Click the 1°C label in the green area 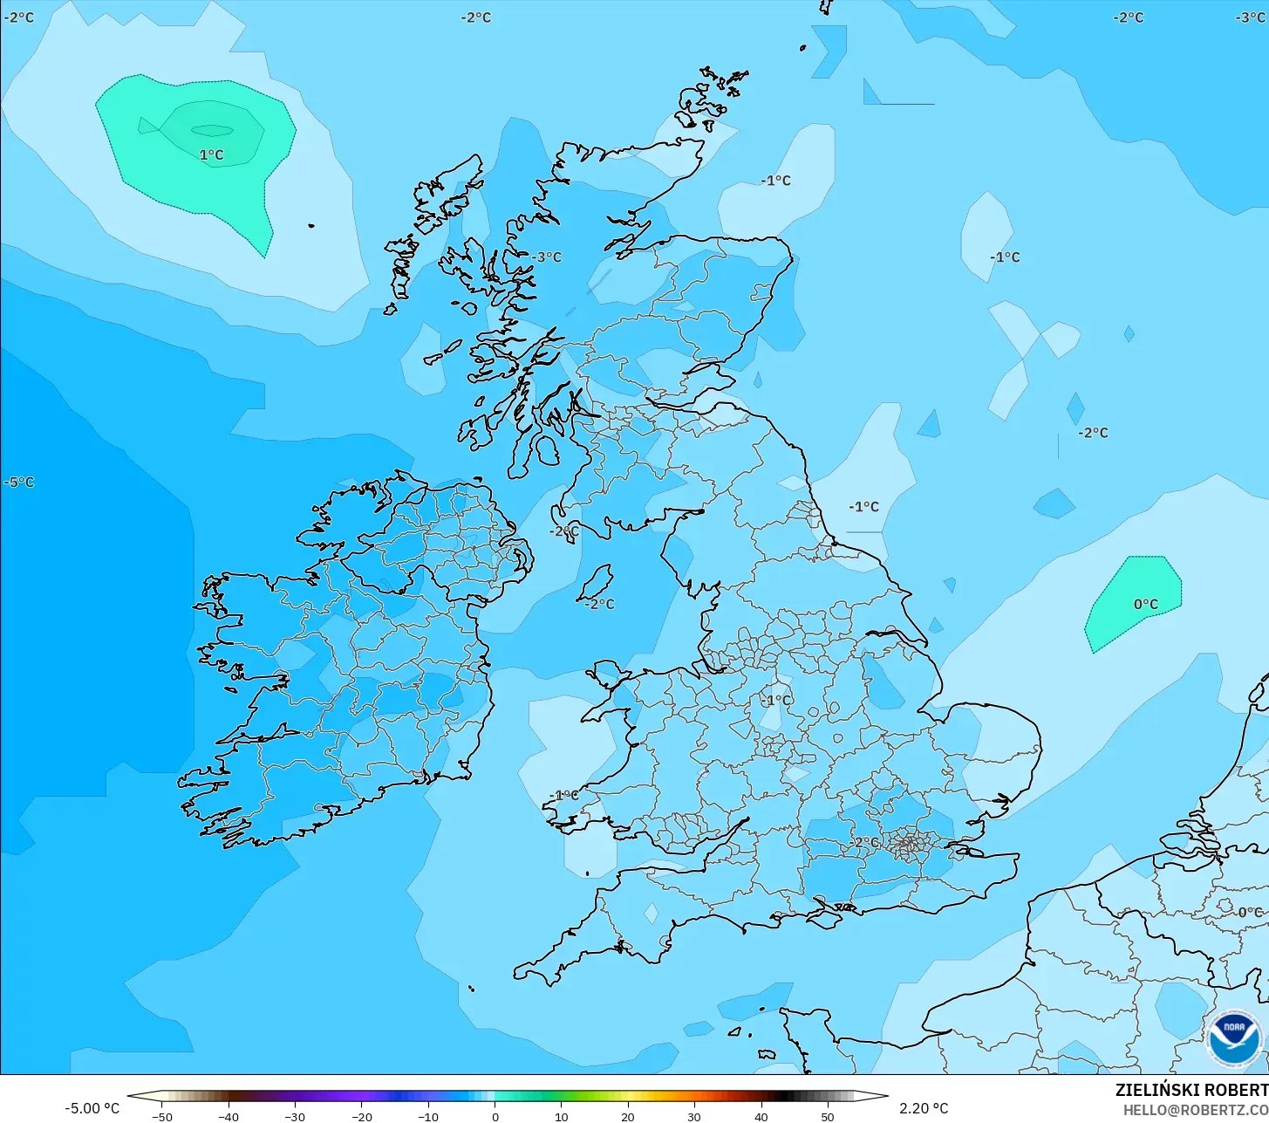click(211, 155)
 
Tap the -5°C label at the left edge click(19, 483)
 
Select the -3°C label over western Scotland click(548, 257)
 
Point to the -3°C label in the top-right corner click(1251, 17)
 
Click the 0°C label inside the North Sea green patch click(1145, 605)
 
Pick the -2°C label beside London click(866, 843)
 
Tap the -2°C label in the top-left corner click(19, 17)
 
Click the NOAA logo click(1234, 1039)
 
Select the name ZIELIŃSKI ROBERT click(1191, 1090)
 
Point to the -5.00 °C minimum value click(92, 1109)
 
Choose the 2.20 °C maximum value click(924, 1109)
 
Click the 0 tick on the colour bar click(495, 1117)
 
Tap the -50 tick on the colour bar click(161, 1117)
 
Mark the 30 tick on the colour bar click(694, 1117)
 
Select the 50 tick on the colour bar click(827, 1117)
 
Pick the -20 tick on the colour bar click(361, 1117)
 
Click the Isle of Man click(597, 582)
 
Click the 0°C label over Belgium click(1249, 913)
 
